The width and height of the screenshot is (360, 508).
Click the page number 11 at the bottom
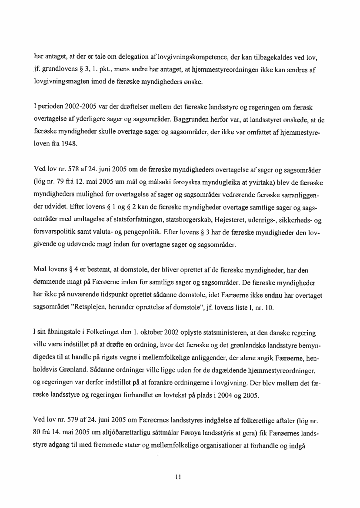(177, 476)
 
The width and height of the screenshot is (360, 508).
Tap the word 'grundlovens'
(58, 69)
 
